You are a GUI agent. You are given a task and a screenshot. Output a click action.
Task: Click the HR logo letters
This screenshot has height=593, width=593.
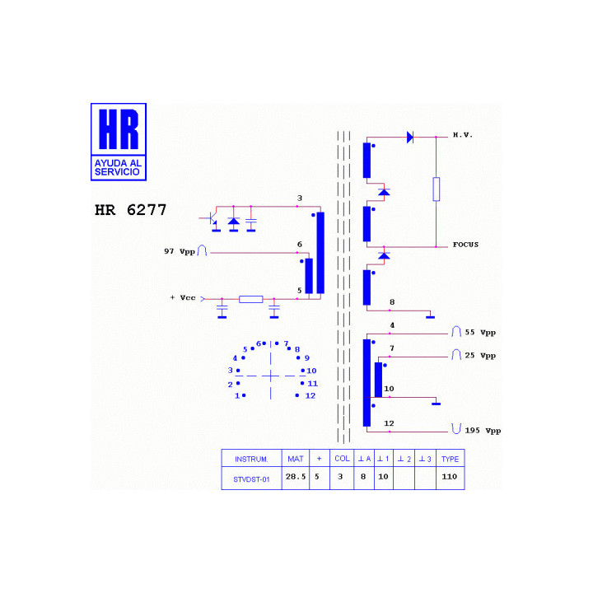119,129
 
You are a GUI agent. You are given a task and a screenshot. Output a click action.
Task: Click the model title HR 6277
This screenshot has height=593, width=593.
130,210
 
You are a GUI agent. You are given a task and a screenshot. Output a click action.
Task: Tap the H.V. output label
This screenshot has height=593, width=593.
463,135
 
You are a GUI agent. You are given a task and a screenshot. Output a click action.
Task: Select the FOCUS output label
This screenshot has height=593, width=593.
465,245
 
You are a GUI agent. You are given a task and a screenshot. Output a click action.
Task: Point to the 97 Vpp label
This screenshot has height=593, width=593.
180,251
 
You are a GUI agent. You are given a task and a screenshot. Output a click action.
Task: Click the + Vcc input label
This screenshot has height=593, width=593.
183,297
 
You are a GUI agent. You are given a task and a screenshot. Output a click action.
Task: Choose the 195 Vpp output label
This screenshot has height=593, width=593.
483,431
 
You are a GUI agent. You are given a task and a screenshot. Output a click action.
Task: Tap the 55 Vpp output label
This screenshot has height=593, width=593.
480,333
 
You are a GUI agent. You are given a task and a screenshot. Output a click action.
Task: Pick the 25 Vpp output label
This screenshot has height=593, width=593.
480,356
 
